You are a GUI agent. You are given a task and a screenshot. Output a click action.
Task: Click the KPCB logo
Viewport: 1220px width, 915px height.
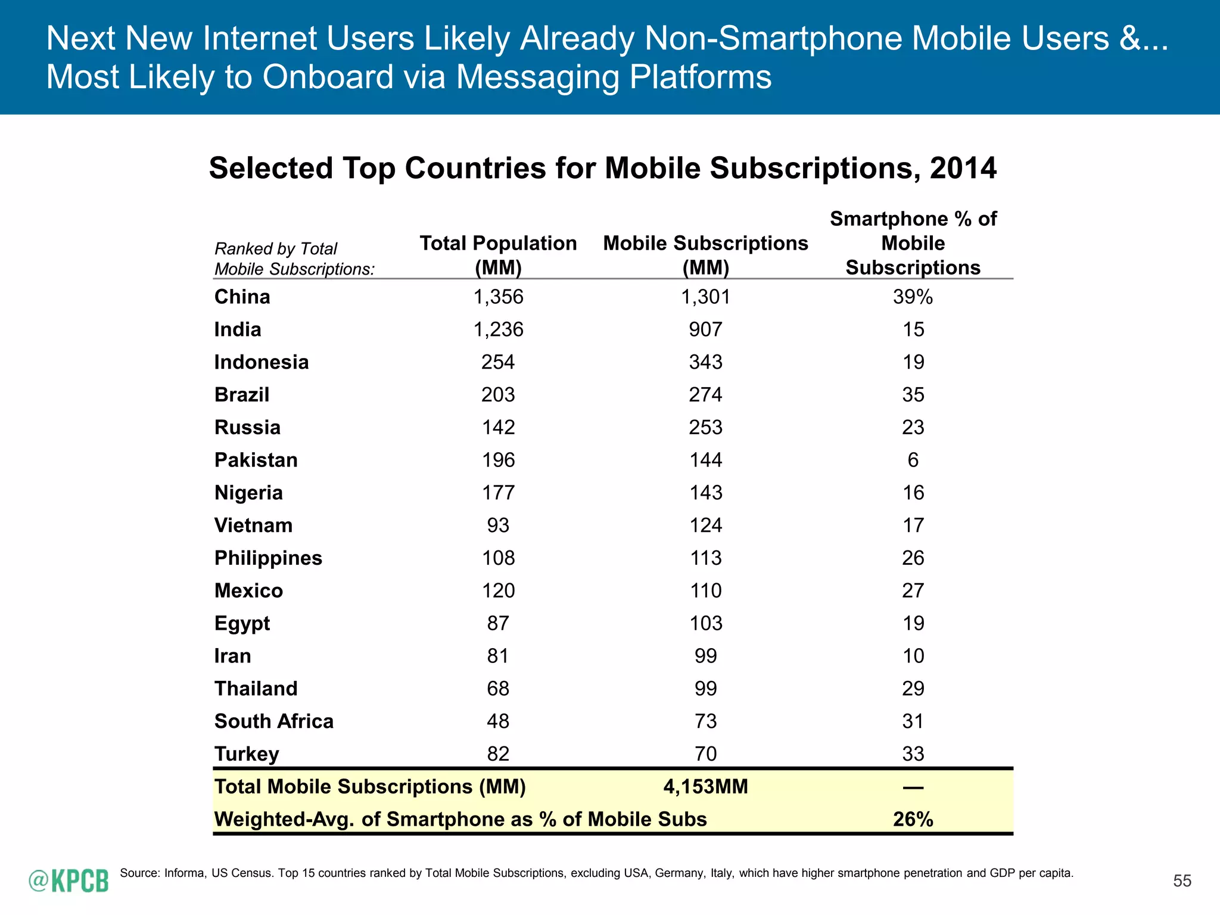pos(69,880)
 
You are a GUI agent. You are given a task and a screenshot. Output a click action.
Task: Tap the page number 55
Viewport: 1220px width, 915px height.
pos(1182,881)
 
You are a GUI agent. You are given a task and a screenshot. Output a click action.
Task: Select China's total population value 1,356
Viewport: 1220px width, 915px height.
pos(498,297)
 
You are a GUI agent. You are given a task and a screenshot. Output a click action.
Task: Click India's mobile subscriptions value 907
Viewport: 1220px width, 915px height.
pos(705,329)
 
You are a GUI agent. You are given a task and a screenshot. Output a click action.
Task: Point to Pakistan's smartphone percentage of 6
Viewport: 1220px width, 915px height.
pos(913,460)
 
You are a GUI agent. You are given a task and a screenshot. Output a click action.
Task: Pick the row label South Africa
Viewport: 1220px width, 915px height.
pos(273,721)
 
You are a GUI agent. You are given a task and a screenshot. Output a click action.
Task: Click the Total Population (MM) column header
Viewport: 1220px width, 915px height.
pos(498,255)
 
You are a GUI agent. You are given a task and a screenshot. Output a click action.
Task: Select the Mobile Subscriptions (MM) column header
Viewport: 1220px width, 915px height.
pos(705,255)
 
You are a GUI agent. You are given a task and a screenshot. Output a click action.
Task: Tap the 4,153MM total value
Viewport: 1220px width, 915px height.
pos(705,786)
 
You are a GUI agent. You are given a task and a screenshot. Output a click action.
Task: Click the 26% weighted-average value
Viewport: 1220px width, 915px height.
pos(913,819)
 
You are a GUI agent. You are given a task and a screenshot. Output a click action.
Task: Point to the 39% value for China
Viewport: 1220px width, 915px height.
pos(913,297)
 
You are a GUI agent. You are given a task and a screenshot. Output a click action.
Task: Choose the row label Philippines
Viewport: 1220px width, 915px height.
pos(268,558)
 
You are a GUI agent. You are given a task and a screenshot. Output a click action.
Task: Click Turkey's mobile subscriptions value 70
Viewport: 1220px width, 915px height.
pos(705,754)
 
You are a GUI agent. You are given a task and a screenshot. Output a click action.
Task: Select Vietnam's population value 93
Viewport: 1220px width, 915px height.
pos(498,525)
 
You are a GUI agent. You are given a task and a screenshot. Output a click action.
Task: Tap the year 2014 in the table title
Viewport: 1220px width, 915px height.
pos(963,168)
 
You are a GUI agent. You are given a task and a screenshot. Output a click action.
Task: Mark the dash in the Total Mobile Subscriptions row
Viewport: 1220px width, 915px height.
pos(913,788)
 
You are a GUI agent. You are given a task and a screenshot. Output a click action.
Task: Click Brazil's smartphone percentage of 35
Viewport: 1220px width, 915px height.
pos(913,395)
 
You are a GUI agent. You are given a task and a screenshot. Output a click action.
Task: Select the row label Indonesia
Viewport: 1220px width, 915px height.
pos(261,362)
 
